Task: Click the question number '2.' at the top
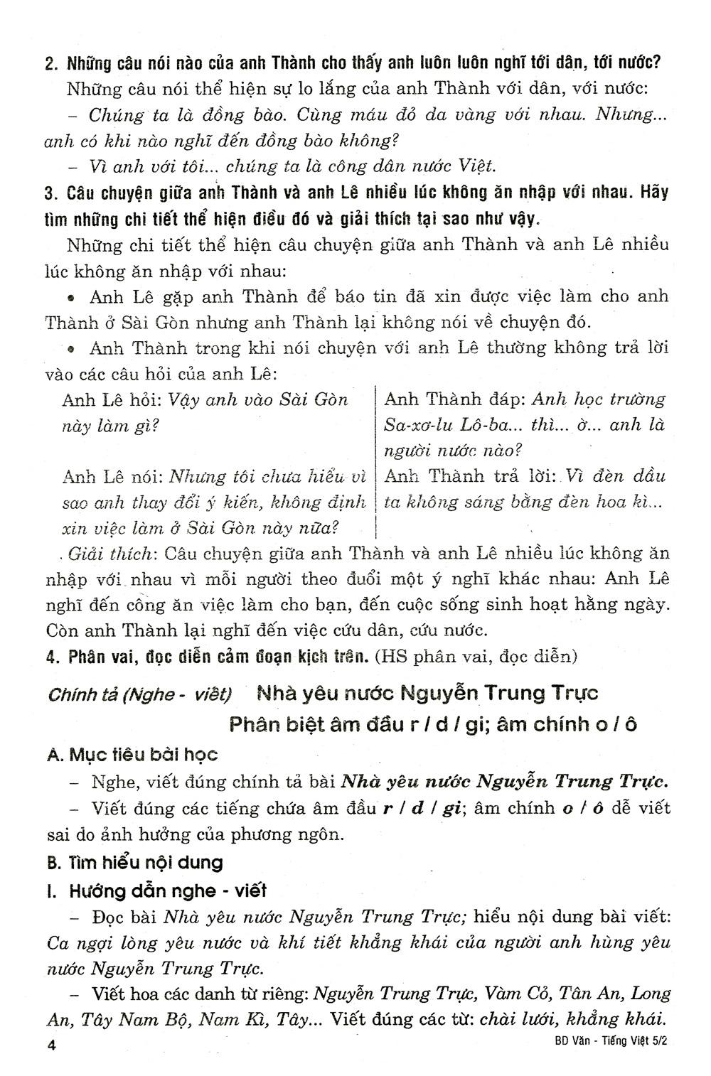pyautogui.click(x=50, y=63)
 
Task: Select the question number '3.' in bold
pyautogui.click(x=50, y=193)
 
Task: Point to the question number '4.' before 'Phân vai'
pyautogui.click(x=50, y=656)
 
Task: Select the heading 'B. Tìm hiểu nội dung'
pyautogui.click(x=135, y=863)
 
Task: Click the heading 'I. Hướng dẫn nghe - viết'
pyautogui.click(x=156, y=890)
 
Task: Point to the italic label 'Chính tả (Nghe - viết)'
pyautogui.click(x=139, y=694)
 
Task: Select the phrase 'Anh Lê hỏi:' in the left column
pyautogui.click(x=110, y=399)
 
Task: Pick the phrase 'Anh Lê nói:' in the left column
pyautogui.click(x=109, y=476)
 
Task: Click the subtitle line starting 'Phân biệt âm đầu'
pyautogui.click(x=434, y=724)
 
